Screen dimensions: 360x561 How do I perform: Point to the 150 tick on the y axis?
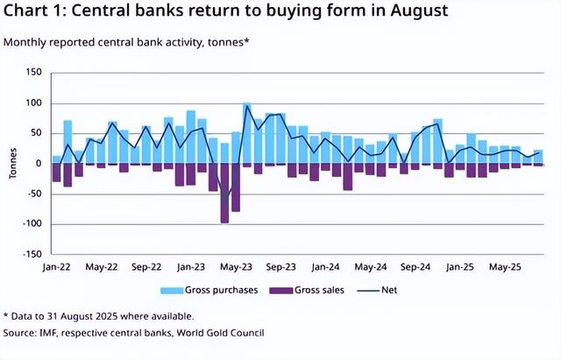[34, 73]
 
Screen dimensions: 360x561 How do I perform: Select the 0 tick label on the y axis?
[39, 164]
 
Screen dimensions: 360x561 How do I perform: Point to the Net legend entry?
[378, 289]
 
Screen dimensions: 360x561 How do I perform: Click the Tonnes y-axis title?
[12, 164]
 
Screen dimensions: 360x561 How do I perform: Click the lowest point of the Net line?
[224, 201]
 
